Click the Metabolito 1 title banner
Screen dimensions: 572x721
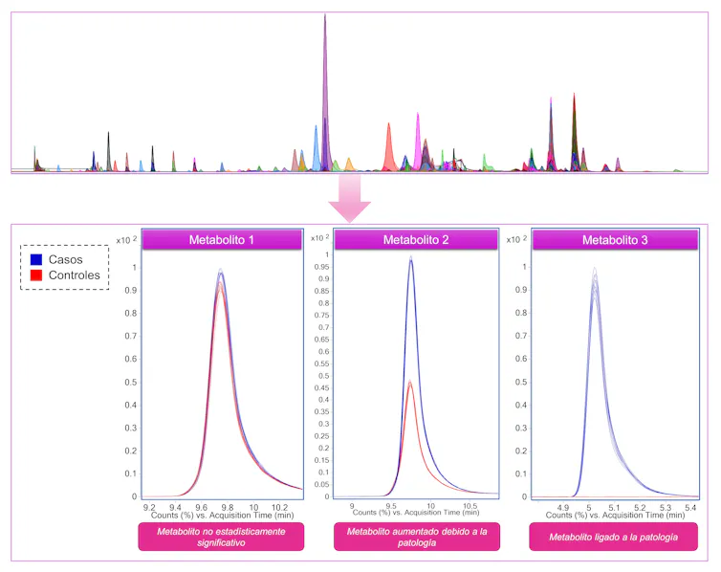coord(221,240)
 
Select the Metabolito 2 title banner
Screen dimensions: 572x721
coord(416,240)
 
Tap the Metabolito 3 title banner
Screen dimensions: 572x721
coord(614,240)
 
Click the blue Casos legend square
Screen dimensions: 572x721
coord(36,259)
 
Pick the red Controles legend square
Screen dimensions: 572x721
coord(36,275)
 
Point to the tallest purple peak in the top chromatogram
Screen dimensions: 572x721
coord(325,17)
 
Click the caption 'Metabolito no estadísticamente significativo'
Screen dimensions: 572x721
coord(221,537)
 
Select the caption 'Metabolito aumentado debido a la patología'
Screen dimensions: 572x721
coord(416,537)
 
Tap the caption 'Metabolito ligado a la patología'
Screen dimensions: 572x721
coord(614,537)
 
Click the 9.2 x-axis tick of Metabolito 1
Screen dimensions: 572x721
coord(149,506)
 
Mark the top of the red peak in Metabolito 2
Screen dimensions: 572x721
coord(410,383)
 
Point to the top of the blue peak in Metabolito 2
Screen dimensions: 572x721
coord(411,257)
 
